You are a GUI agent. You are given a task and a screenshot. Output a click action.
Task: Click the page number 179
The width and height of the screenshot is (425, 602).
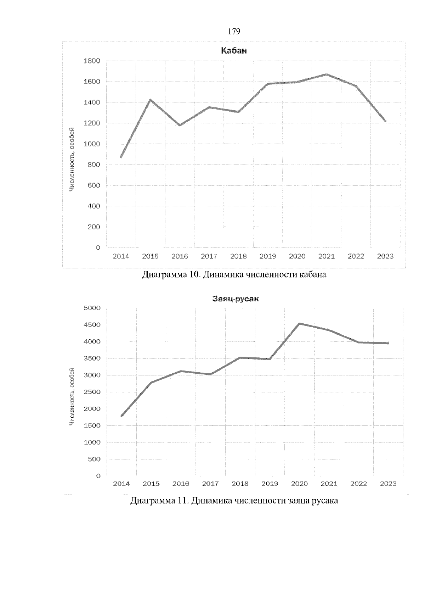pos(234,32)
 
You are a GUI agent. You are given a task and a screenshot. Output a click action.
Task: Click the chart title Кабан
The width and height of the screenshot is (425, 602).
pos(234,51)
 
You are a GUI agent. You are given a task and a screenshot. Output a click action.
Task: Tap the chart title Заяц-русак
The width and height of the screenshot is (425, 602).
pos(236,299)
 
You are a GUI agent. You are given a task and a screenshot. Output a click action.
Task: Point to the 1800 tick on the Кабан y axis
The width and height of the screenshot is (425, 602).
pos(92,61)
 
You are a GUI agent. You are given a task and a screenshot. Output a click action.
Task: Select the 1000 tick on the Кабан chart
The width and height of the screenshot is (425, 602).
pos(92,144)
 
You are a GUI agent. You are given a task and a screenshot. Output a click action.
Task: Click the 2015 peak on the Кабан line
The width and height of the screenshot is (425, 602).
pos(150,100)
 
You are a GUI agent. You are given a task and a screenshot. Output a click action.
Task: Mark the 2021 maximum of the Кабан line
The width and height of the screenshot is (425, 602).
pos(327,74)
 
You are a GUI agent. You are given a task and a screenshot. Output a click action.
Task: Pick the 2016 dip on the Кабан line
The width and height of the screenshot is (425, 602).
pos(180,125)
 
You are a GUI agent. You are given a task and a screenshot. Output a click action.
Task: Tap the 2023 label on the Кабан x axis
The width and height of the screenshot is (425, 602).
pos(385,256)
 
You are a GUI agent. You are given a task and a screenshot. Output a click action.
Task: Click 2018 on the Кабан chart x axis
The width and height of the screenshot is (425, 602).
pos(238,256)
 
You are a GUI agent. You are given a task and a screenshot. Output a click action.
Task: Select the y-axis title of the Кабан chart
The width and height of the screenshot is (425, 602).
pos(72,160)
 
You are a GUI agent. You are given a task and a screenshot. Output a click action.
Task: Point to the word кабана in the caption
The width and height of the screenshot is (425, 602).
pos(313,274)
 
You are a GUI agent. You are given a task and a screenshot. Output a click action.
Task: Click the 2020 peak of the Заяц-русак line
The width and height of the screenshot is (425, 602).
pos(299,323)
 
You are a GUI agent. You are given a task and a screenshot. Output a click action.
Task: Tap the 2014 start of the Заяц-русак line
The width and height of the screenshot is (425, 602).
pos(121,416)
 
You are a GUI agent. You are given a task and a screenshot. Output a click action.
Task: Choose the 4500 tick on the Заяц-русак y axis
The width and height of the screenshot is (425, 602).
pos(92,325)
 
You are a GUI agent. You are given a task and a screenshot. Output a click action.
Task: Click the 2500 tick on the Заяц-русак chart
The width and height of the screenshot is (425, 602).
pos(92,392)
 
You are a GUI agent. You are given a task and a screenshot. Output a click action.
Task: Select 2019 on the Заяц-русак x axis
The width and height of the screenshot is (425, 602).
pos(270,484)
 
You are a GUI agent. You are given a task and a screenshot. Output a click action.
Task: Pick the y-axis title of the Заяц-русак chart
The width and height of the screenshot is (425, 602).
pos(72,397)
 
